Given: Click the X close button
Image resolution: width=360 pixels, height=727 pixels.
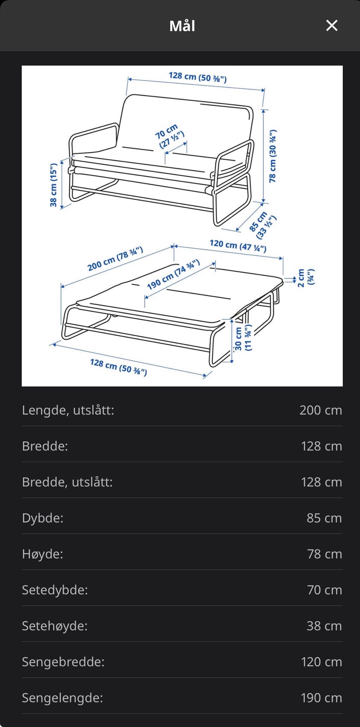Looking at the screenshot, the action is [x=332, y=25].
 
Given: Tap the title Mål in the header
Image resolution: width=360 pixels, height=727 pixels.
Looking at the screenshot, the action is [x=182, y=26].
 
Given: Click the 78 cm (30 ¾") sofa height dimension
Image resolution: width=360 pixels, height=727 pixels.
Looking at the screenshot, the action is [x=273, y=156].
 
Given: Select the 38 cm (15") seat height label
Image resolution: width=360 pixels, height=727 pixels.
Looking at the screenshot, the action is [x=54, y=184].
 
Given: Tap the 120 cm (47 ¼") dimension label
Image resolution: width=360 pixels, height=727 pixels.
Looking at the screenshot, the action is [x=238, y=246].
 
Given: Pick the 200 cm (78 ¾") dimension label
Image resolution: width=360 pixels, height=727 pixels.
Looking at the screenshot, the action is [x=115, y=258].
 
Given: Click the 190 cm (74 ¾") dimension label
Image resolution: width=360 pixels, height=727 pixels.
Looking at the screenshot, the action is [x=173, y=274].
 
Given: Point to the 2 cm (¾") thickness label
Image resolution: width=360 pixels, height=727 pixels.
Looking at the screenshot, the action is [x=306, y=277].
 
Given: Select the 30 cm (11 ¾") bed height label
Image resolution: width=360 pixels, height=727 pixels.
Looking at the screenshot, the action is [x=243, y=338].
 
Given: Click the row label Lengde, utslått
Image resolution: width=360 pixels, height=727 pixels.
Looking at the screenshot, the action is [x=68, y=410].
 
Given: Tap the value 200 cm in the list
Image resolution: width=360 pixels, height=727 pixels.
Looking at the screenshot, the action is [x=321, y=410].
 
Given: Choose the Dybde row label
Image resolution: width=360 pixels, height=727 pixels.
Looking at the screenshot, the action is [x=43, y=518].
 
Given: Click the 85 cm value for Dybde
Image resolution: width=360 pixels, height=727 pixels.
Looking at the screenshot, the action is [x=324, y=518].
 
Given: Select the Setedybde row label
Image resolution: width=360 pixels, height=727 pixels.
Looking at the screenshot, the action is [x=55, y=590].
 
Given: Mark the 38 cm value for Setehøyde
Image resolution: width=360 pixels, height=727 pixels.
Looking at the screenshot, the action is [x=324, y=626].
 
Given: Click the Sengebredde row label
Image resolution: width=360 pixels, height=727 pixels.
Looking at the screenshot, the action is [x=63, y=662].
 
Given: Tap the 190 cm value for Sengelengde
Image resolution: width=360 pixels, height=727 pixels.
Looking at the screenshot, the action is [x=321, y=698].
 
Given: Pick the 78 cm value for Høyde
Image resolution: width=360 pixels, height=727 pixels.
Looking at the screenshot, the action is [x=324, y=554].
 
